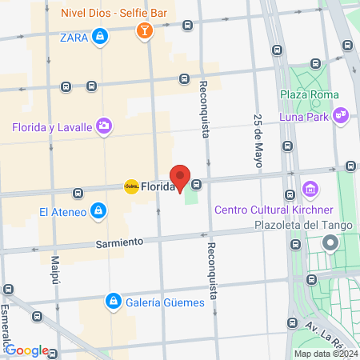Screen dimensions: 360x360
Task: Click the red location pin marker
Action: click(x=181, y=177)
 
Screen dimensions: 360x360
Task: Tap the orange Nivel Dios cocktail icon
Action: click(x=144, y=31)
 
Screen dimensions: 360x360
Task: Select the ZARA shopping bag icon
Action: click(x=99, y=36)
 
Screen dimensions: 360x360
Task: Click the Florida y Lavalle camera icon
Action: click(x=103, y=126)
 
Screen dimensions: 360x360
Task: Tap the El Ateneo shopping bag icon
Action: click(x=97, y=211)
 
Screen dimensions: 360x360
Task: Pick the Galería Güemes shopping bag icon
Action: click(x=113, y=302)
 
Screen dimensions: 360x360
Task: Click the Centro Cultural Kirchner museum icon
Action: click(x=310, y=190)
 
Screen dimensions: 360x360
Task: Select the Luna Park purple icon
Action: click(x=342, y=115)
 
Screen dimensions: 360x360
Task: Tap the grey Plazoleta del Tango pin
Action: click(x=330, y=242)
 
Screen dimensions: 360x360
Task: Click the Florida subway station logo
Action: click(x=131, y=186)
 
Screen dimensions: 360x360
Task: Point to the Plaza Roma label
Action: click(x=309, y=94)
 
